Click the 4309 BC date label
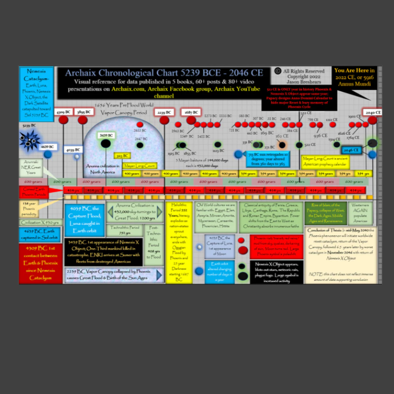pos(63,112)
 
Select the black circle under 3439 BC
pos(106,144)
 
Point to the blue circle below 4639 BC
pos(48,154)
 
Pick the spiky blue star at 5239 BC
pos(29,140)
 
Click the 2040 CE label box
pos(372,112)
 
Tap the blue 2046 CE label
pos(352,150)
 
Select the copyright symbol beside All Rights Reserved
pos(278,71)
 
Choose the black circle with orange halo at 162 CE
pos(282,145)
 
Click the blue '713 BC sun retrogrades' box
pos(268,159)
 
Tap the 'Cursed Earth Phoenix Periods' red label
pos(34,191)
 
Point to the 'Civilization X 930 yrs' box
pos(40,222)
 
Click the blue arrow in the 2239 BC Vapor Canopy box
pos(159,275)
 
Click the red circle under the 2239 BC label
pos(164,120)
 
